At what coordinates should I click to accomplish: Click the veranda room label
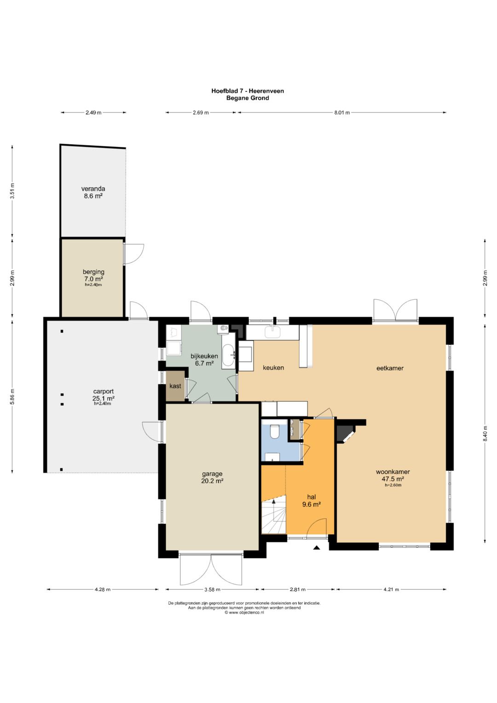point(93,192)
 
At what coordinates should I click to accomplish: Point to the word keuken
point(273,367)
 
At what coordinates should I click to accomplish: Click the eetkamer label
point(390,368)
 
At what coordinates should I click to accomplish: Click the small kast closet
point(175,386)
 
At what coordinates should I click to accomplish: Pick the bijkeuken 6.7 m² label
point(204,360)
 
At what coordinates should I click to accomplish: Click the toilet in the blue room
point(275,431)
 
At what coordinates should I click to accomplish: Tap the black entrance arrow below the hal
point(317,548)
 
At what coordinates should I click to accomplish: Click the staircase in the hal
point(274,514)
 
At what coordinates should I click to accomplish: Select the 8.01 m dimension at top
point(341,113)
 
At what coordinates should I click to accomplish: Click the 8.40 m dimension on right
point(485,433)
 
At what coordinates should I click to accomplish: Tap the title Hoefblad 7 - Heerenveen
point(248,91)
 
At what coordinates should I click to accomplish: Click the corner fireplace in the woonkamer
point(345,433)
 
